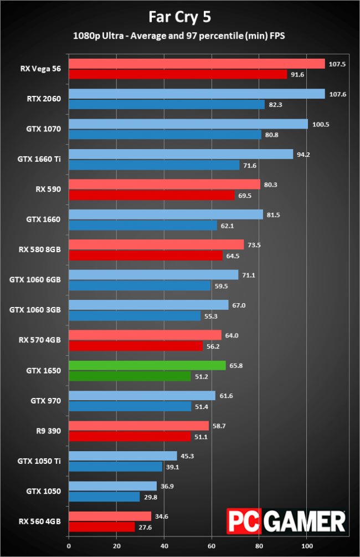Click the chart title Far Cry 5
(179, 17)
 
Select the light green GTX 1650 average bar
(147, 365)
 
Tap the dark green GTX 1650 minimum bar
(130, 376)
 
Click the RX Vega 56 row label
(40, 69)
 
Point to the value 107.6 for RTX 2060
(338, 94)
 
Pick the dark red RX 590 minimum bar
(152, 195)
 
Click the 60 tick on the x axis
(212, 546)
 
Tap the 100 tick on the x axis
(307, 546)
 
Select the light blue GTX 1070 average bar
(188, 124)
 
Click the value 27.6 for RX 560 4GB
(145, 528)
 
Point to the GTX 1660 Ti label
(39, 159)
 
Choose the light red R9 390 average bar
(138, 426)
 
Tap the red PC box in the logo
(244, 521)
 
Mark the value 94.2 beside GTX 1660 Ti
(303, 155)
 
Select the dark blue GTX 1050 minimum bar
(104, 497)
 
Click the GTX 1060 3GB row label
(35, 310)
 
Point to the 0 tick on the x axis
(69, 546)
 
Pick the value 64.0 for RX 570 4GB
(232, 335)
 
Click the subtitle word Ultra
(113, 36)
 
